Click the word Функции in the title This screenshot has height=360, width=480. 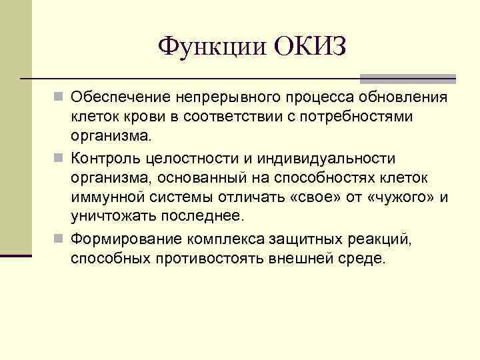coord(211,47)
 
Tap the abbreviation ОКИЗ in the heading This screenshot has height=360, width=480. coord(310,47)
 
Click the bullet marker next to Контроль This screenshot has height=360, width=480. coord(59,159)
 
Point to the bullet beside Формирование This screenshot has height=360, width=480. coord(59,239)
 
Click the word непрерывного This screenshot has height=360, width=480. coord(232,99)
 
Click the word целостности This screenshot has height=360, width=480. coord(186,159)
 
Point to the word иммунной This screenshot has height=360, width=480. coord(107,197)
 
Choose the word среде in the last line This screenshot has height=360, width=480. coord(365,259)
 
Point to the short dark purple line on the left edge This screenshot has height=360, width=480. coord(15,255)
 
